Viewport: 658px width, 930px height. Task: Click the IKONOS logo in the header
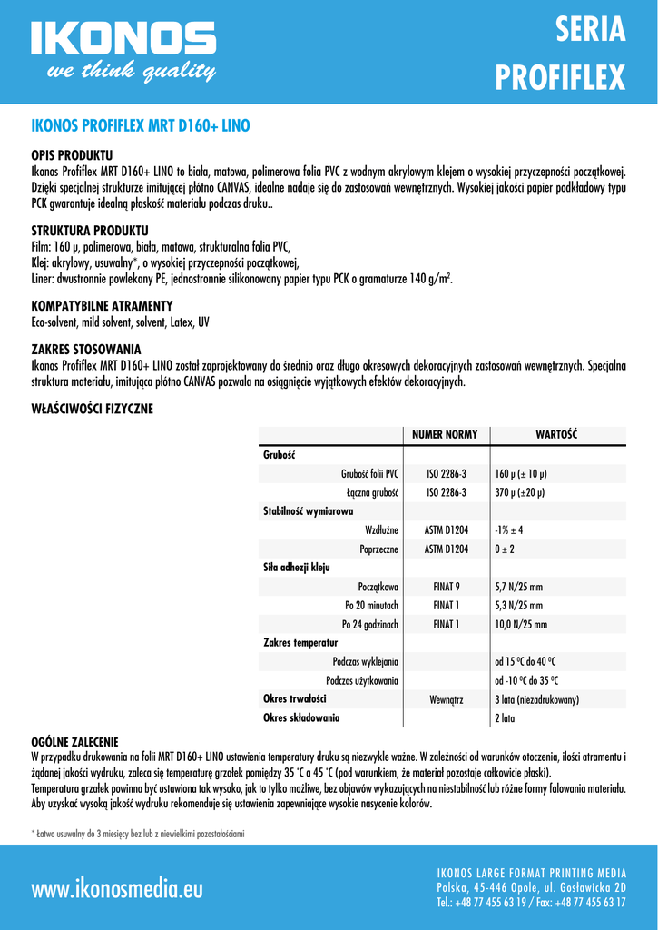[123, 51]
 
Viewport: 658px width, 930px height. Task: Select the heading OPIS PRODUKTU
[72, 155]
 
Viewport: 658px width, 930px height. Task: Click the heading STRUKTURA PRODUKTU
[90, 230]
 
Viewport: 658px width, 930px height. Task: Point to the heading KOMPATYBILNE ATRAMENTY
[102, 305]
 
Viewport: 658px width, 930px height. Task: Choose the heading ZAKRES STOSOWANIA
[86, 349]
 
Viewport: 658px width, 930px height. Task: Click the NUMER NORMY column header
[445, 435]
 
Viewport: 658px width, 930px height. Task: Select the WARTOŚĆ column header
[557, 435]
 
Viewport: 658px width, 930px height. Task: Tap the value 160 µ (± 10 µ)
[521, 474]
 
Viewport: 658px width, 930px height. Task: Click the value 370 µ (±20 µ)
[519, 492]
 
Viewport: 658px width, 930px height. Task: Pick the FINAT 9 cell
[446, 587]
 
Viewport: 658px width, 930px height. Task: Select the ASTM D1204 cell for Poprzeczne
[446, 549]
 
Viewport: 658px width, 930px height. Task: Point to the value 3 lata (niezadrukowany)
[537, 699]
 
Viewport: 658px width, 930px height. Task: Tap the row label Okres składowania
[301, 718]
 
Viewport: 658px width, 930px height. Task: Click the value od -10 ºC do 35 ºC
[526, 680]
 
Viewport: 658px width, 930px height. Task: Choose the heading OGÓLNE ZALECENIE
[74, 742]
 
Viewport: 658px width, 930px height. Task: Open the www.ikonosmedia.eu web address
[117, 887]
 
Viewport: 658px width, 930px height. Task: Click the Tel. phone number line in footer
[531, 902]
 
